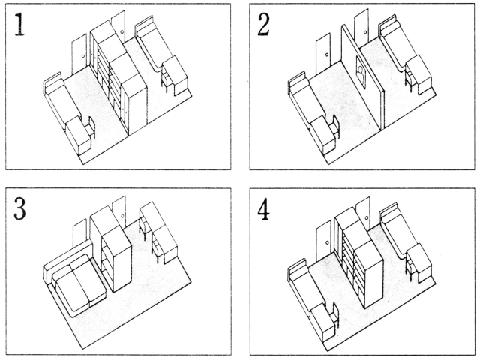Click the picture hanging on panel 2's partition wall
click(x=361, y=73)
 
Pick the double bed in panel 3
click(x=75, y=281)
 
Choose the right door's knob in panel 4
click(x=367, y=217)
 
